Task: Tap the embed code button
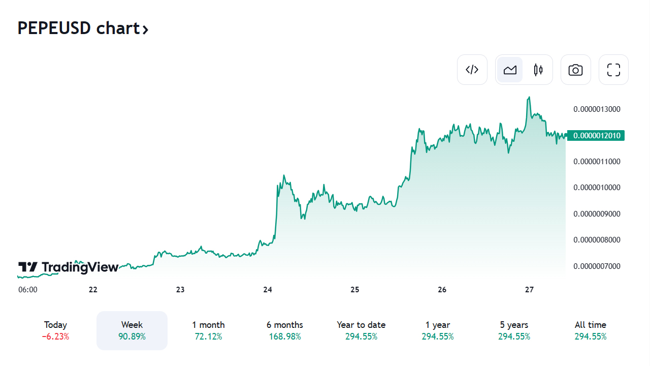(472, 70)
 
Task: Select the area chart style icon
(510, 70)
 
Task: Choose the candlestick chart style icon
(538, 70)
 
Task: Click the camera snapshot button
(575, 70)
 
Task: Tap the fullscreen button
(613, 70)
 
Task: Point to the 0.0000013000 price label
(597, 109)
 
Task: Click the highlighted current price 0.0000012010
(596, 136)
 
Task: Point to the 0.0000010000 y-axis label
(597, 188)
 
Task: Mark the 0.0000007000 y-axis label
(597, 266)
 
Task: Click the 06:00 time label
(28, 290)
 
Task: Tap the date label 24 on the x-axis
(268, 290)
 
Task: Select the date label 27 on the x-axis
(529, 290)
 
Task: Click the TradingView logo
(68, 267)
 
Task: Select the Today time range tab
(55, 330)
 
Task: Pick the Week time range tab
(132, 330)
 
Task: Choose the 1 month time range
(208, 330)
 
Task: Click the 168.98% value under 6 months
(284, 337)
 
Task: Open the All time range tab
(590, 330)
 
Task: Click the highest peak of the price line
(529, 97)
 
